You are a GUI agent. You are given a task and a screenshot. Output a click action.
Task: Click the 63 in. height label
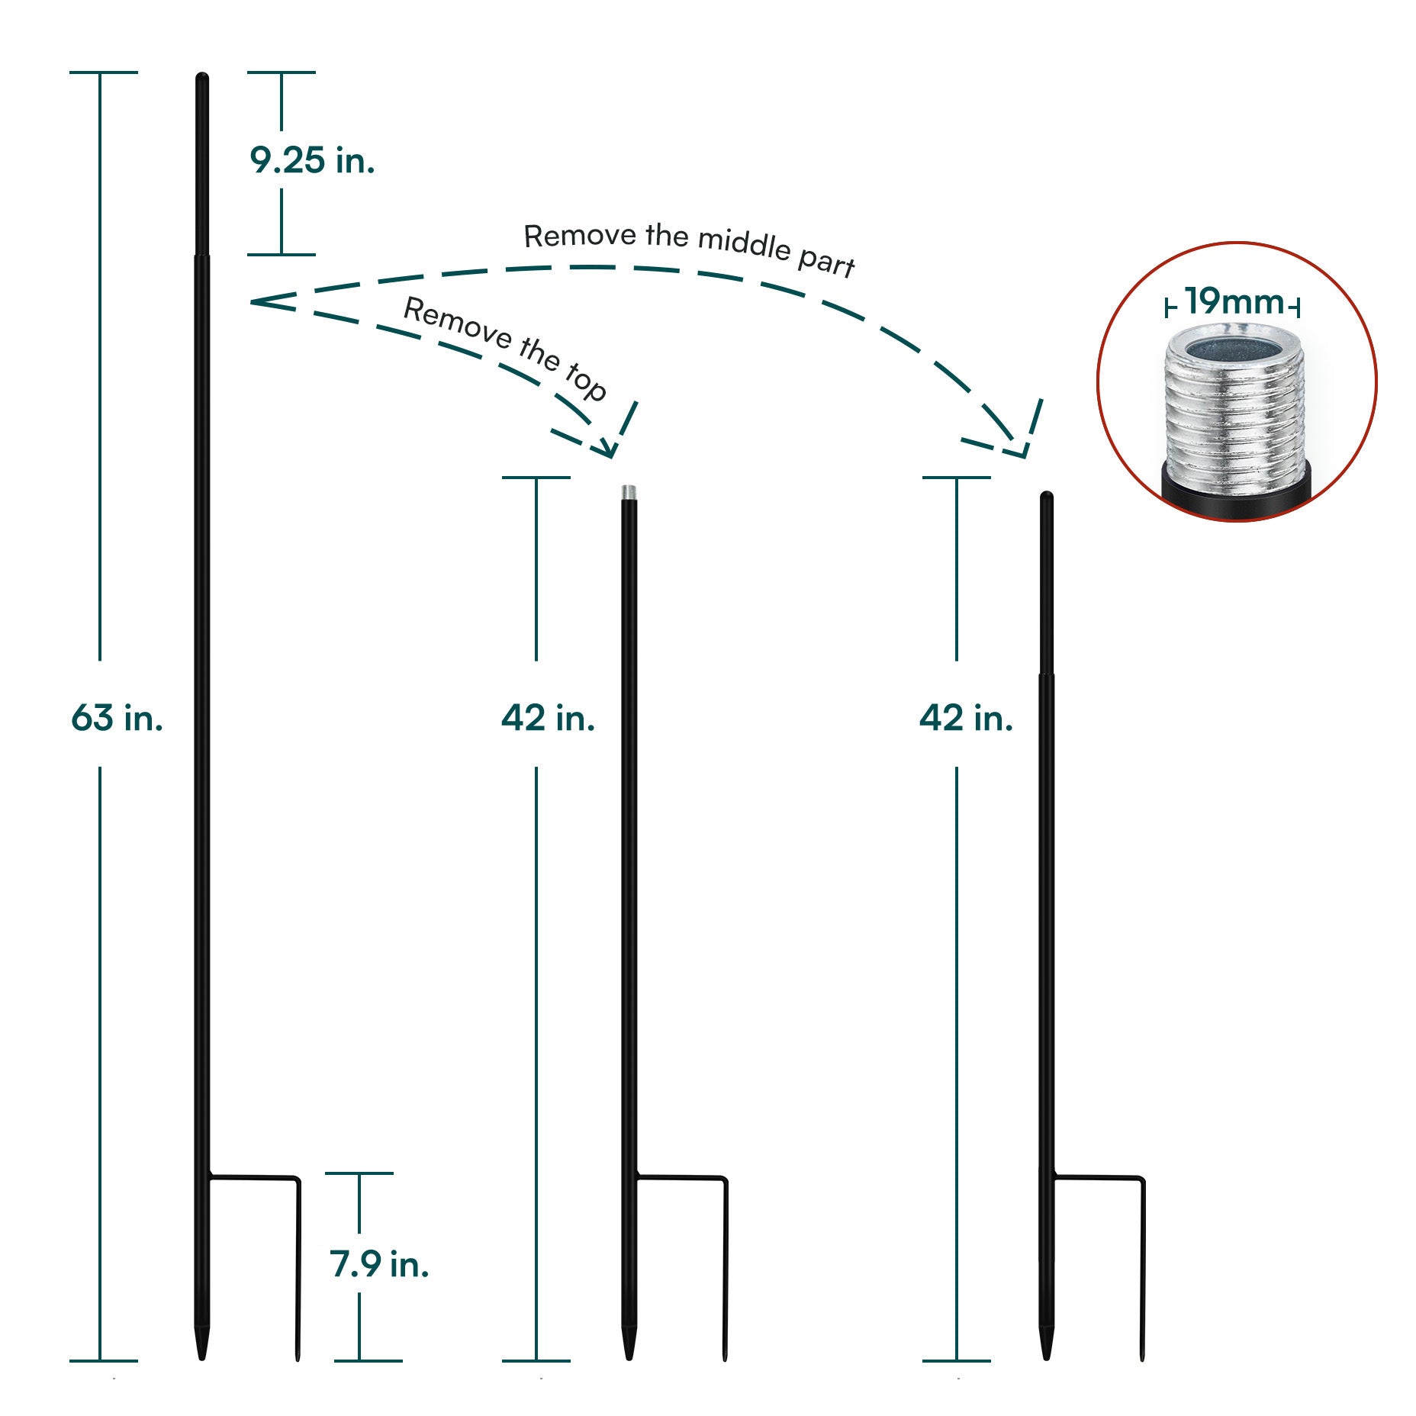coord(117,718)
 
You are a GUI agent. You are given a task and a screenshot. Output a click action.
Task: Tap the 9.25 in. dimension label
coord(312,160)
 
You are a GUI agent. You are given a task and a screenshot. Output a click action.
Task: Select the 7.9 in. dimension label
coord(379,1264)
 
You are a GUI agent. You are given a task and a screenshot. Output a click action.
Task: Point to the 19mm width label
coord(1233,302)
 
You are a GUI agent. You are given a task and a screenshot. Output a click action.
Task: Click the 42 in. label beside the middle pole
coord(548,718)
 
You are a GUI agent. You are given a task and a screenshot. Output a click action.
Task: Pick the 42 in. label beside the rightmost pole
coord(966,718)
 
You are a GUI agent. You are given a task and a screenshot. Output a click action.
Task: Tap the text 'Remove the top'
coord(505,346)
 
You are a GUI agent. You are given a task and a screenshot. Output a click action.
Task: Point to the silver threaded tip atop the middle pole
coord(629,492)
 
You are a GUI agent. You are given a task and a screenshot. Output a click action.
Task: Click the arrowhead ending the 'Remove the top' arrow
coord(610,450)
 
